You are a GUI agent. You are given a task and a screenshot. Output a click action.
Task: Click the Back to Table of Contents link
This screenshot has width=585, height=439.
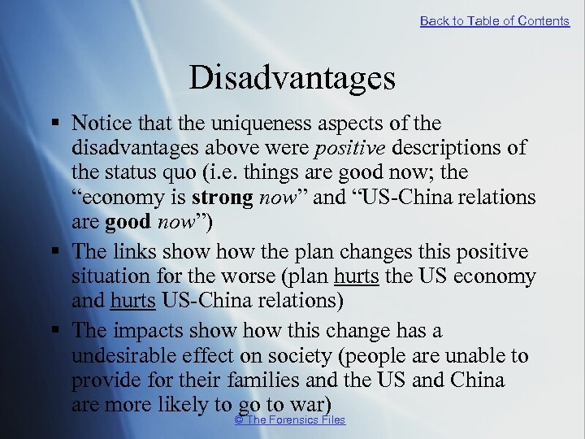(494, 21)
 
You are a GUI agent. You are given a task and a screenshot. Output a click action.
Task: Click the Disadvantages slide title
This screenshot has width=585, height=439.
(292, 79)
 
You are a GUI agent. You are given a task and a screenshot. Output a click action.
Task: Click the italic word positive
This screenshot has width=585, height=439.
(355, 149)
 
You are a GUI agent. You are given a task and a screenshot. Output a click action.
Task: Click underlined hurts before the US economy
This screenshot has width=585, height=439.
(355, 277)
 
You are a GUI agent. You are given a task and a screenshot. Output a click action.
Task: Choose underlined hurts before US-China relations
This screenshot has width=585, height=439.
(132, 302)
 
